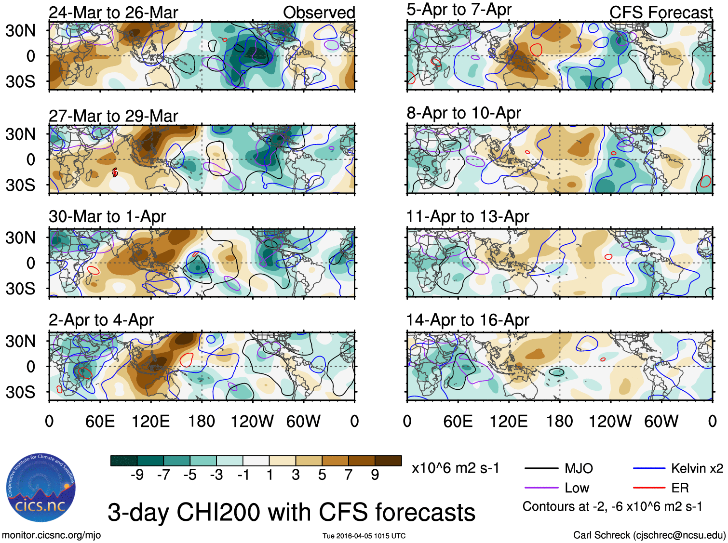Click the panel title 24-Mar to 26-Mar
point(113,13)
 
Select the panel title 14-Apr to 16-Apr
point(468,320)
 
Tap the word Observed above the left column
point(319,13)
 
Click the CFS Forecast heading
point(661,13)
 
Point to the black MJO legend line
point(541,468)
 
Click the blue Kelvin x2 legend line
point(649,468)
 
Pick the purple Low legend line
point(541,488)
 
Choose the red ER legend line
point(649,488)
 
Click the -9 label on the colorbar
point(137,475)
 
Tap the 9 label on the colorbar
point(375,475)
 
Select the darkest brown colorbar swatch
point(388,461)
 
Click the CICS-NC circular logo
point(41,488)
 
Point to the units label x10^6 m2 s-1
point(455,468)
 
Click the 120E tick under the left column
point(150,422)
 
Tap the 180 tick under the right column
point(559,422)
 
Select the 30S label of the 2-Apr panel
point(20,392)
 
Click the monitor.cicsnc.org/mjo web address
point(51,535)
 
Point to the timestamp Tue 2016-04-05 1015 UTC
point(364,536)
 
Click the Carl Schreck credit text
point(649,535)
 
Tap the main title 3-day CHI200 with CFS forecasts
point(291,512)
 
